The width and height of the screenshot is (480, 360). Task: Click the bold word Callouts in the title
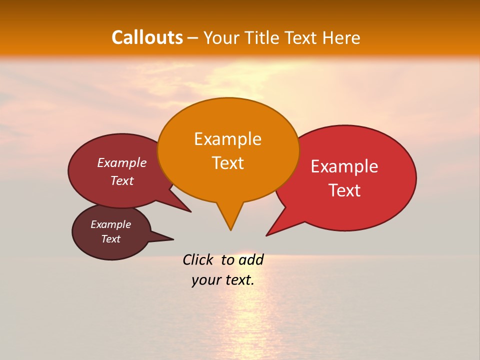(147, 37)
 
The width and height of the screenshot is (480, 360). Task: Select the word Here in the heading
(341, 37)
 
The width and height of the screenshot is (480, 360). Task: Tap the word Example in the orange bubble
(227, 139)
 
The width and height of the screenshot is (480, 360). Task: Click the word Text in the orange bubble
(227, 163)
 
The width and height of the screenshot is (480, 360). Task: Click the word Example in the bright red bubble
(344, 166)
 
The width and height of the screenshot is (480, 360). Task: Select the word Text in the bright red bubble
(344, 190)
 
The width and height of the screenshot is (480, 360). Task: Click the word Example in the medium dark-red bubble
(122, 163)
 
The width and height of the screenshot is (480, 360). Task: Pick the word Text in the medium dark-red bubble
(122, 180)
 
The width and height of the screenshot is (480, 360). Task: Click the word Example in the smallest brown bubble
(110, 224)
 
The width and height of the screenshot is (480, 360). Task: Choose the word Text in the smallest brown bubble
(110, 239)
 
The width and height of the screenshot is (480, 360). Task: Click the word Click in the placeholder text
(198, 260)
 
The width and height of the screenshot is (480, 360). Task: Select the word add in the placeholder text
(251, 260)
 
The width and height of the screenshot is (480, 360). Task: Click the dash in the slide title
(193, 38)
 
